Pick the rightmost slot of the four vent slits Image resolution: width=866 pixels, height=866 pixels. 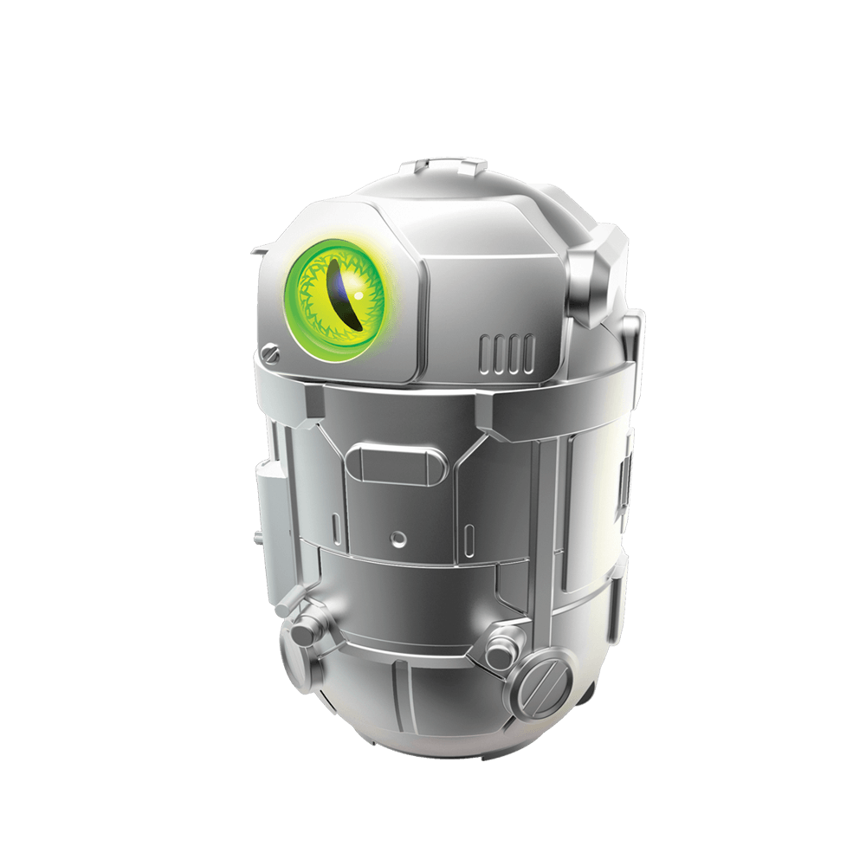click(x=527, y=348)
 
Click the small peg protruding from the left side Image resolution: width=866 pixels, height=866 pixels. click(x=257, y=538)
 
